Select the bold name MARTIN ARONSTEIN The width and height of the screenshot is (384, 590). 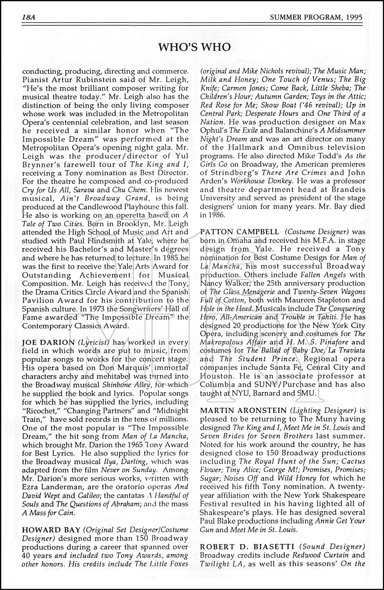(243, 410)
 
